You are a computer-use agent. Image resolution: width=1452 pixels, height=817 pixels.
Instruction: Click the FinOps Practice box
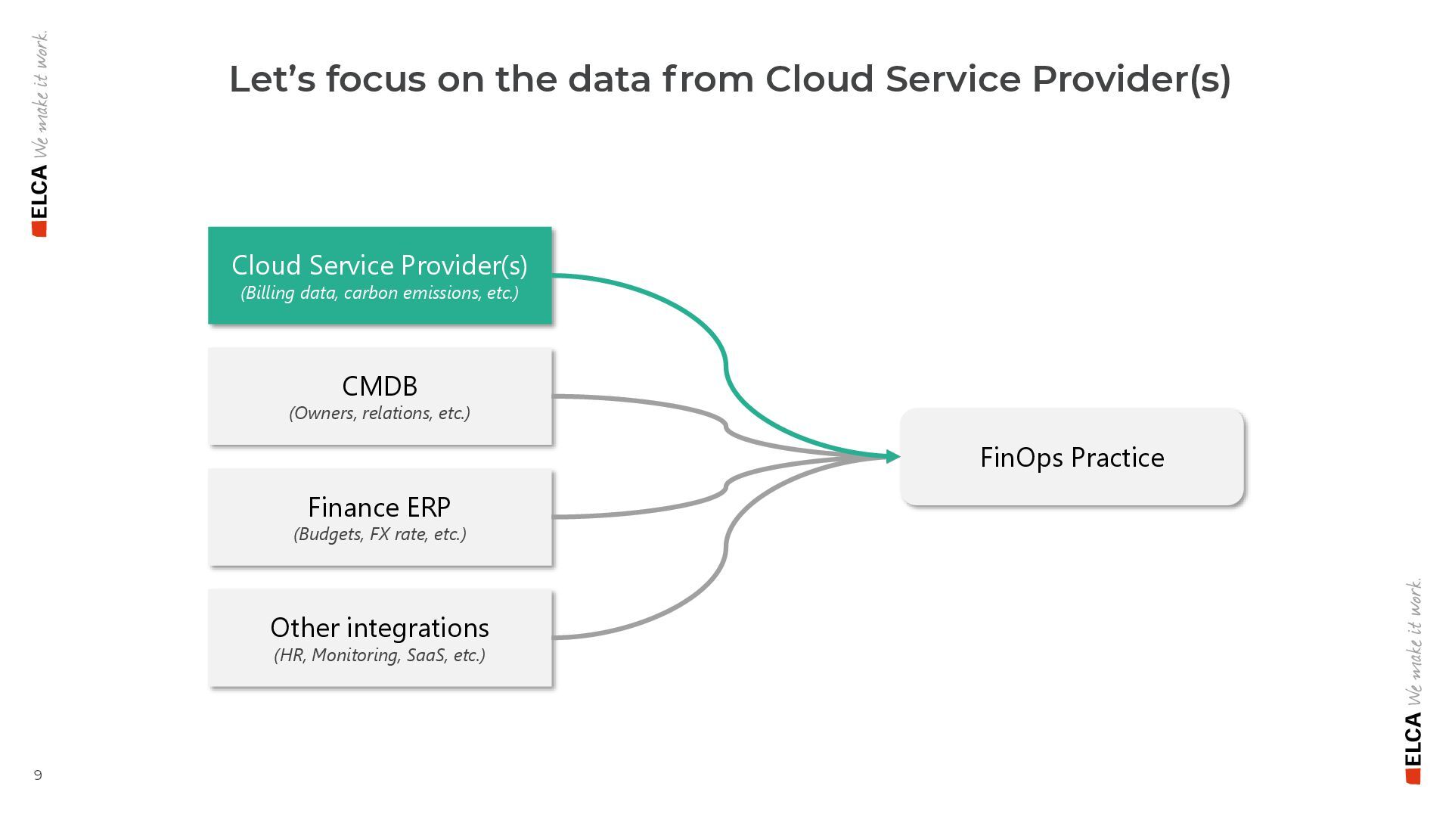tap(1072, 457)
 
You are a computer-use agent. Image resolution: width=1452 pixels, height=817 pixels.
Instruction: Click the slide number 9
tap(38, 775)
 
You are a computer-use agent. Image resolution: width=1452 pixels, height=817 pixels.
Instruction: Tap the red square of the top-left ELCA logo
tap(39, 229)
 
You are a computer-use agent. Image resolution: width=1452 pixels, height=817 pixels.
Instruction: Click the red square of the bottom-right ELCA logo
tap(1413, 777)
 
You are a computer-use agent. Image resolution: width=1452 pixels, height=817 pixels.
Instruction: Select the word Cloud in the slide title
tap(819, 79)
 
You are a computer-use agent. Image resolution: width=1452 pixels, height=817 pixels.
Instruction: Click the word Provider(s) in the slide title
tap(1131, 79)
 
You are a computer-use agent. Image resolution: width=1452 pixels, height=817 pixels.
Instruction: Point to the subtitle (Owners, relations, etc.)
tap(380, 413)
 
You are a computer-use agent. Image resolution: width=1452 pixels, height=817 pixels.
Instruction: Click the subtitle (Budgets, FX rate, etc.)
tap(380, 534)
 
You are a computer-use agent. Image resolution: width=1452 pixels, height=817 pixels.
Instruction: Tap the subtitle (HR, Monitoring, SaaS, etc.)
tap(380, 655)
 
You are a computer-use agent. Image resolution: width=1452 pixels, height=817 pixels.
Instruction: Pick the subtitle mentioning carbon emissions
tap(380, 293)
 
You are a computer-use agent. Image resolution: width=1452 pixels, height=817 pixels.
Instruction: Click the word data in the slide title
tap(609, 79)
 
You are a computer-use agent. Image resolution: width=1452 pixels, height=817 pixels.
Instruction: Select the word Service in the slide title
tap(953, 79)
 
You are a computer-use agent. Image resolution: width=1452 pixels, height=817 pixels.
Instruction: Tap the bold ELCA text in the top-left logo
tap(39, 191)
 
